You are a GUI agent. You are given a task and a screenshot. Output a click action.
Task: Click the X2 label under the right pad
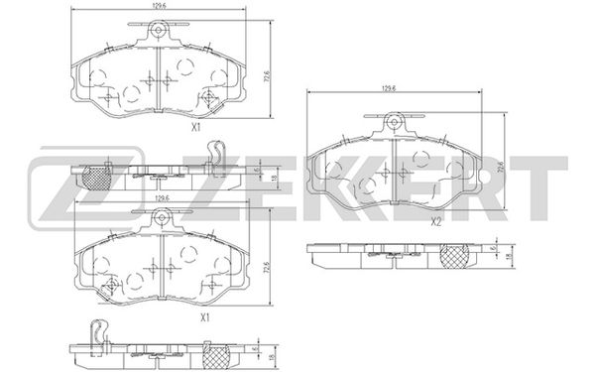[x=436, y=222]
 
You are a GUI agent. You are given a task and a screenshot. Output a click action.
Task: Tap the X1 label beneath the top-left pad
[x=195, y=128]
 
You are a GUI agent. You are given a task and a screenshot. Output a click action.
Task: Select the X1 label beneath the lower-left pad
[x=205, y=317]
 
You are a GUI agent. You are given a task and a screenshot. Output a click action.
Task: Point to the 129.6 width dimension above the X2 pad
[x=389, y=88]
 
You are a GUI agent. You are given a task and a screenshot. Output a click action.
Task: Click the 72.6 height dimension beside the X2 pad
[x=501, y=168]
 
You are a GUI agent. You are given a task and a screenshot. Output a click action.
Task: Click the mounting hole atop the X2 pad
[x=394, y=122]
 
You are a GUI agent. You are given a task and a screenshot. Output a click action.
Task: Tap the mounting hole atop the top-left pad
[x=158, y=30]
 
